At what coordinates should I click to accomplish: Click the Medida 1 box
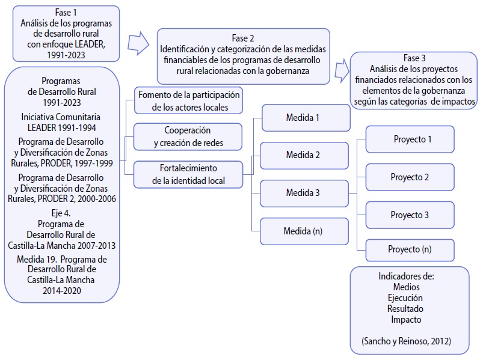[305, 118]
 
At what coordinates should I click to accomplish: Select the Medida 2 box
[304, 155]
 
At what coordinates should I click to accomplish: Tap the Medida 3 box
[304, 193]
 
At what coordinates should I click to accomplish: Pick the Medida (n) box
[304, 231]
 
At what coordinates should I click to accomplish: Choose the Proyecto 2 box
[410, 177]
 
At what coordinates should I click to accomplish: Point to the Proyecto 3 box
[410, 215]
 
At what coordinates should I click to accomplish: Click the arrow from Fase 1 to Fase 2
[138, 43]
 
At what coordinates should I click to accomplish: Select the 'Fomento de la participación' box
[188, 100]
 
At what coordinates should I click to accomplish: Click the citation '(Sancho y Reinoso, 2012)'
[407, 341]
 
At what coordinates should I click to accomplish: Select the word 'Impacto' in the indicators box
[406, 320]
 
